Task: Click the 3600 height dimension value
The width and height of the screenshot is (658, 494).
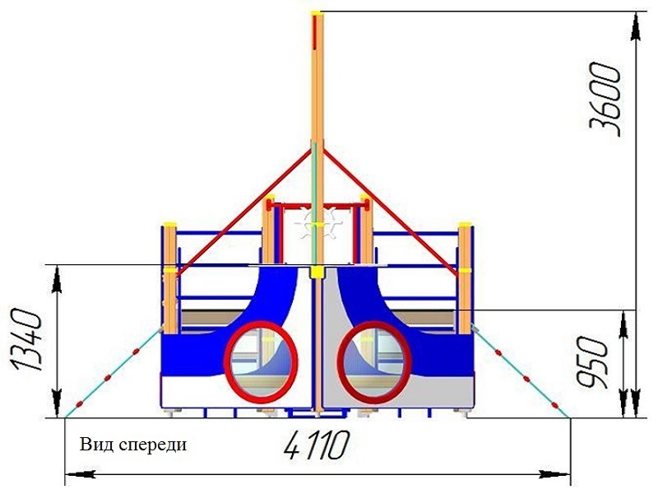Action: click(x=606, y=99)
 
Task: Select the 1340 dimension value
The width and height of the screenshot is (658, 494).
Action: click(x=25, y=346)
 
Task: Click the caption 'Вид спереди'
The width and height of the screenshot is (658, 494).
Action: click(x=133, y=445)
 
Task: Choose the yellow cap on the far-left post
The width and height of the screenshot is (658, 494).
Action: click(x=169, y=223)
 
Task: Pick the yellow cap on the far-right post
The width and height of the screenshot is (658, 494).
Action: click(x=466, y=223)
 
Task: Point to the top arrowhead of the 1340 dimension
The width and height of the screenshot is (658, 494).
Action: click(x=55, y=276)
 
